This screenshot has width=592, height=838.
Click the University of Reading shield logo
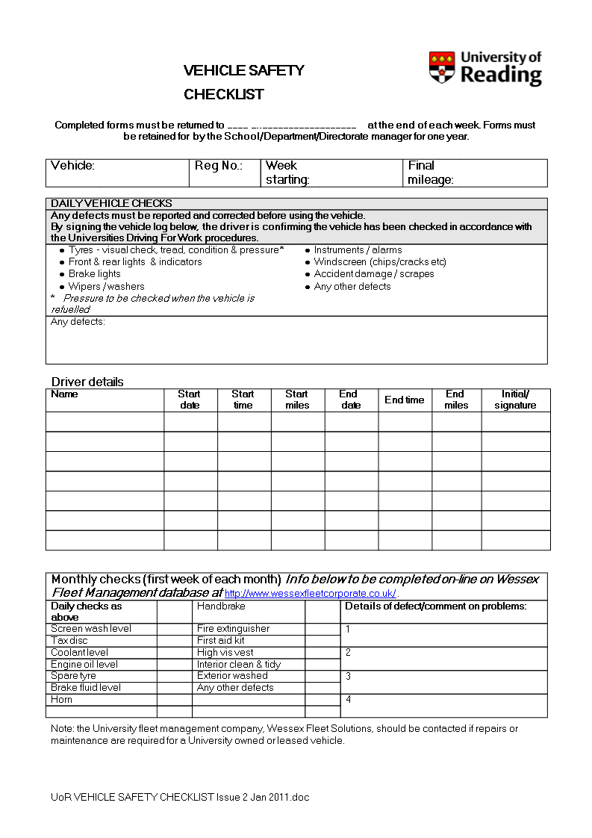pos(442,67)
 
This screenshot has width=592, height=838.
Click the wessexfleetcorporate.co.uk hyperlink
pos(310,594)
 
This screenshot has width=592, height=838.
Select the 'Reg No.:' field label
pos(219,166)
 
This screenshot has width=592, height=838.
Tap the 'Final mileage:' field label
pos(431,173)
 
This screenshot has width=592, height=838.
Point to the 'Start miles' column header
pos(297,400)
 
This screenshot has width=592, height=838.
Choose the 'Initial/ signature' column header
pos(515,400)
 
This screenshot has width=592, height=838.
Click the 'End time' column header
pos(405,400)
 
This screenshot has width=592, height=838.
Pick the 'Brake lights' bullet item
pos(94,274)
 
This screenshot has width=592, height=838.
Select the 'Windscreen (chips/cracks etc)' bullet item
pos(379,262)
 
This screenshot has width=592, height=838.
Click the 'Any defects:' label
pos(78,322)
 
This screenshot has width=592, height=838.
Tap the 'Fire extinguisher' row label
pos(233,629)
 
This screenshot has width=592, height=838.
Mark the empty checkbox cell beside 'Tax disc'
pos(174,641)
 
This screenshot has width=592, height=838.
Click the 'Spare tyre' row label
pos(73,676)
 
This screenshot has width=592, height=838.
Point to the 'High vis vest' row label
pos(225,653)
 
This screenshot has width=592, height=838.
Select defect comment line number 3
pos(349,677)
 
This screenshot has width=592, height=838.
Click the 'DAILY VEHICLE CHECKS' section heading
pos(111,203)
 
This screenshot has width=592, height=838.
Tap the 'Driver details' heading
pos(87,382)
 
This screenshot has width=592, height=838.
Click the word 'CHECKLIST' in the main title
pos(224,95)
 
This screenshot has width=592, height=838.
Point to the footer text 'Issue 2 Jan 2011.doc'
pos(262,797)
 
